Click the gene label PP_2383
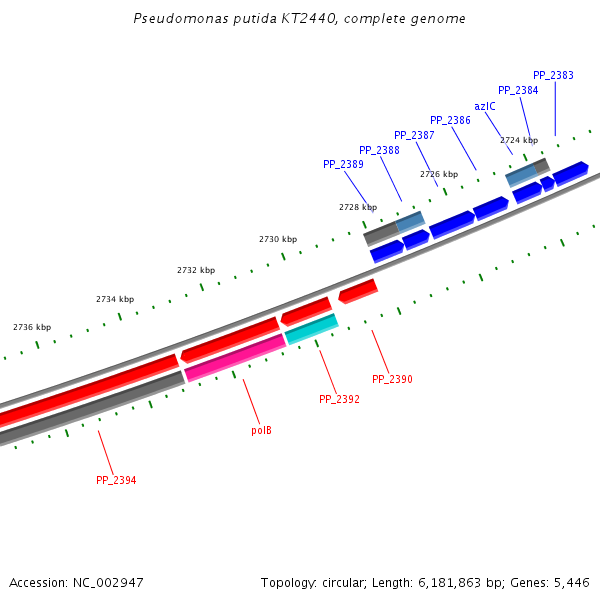tap(553, 75)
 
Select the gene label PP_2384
tap(518, 90)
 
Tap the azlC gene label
tap(485, 106)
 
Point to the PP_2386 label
tap(450, 120)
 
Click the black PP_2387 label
tap(414, 135)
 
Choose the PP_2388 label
tap(379, 150)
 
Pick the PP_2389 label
tap(343, 164)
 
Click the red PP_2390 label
tap(392, 380)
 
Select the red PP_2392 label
tap(339, 399)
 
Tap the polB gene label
tap(261, 430)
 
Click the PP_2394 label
tap(116, 480)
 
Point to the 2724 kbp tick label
tap(519, 140)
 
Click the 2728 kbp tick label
tap(358, 207)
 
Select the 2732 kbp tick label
tap(196, 270)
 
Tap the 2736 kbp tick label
tap(32, 327)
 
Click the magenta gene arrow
tap(235, 357)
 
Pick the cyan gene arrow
tap(311, 327)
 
